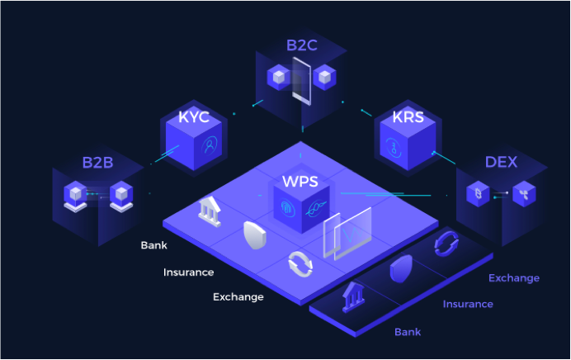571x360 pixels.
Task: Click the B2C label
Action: (301, 45)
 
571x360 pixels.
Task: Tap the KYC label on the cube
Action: (194, 117)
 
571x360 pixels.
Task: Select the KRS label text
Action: (408, 117)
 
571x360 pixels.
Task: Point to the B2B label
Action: (97, 163)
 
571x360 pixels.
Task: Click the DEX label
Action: (501, 162)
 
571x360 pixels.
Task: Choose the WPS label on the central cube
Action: (300, 181)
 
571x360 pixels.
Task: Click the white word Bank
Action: (153, 245)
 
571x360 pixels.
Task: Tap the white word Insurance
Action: (188, 272)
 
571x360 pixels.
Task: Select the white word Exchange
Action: (238, 297)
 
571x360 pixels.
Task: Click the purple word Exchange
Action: (514, 278)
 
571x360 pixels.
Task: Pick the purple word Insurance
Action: (468, 304)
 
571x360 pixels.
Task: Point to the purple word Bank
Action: (408, 332)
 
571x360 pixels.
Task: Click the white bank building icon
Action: (210, 211)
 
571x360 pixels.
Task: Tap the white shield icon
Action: (255, 235)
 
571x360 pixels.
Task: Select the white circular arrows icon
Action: (300, 264)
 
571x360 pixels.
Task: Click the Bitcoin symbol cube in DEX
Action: (478, 193)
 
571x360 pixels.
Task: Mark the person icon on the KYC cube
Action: (210, 145)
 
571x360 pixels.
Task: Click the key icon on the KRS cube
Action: (394, 148)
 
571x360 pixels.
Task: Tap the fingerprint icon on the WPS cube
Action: (287, 208)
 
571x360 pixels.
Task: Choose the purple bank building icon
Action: (353, 296)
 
